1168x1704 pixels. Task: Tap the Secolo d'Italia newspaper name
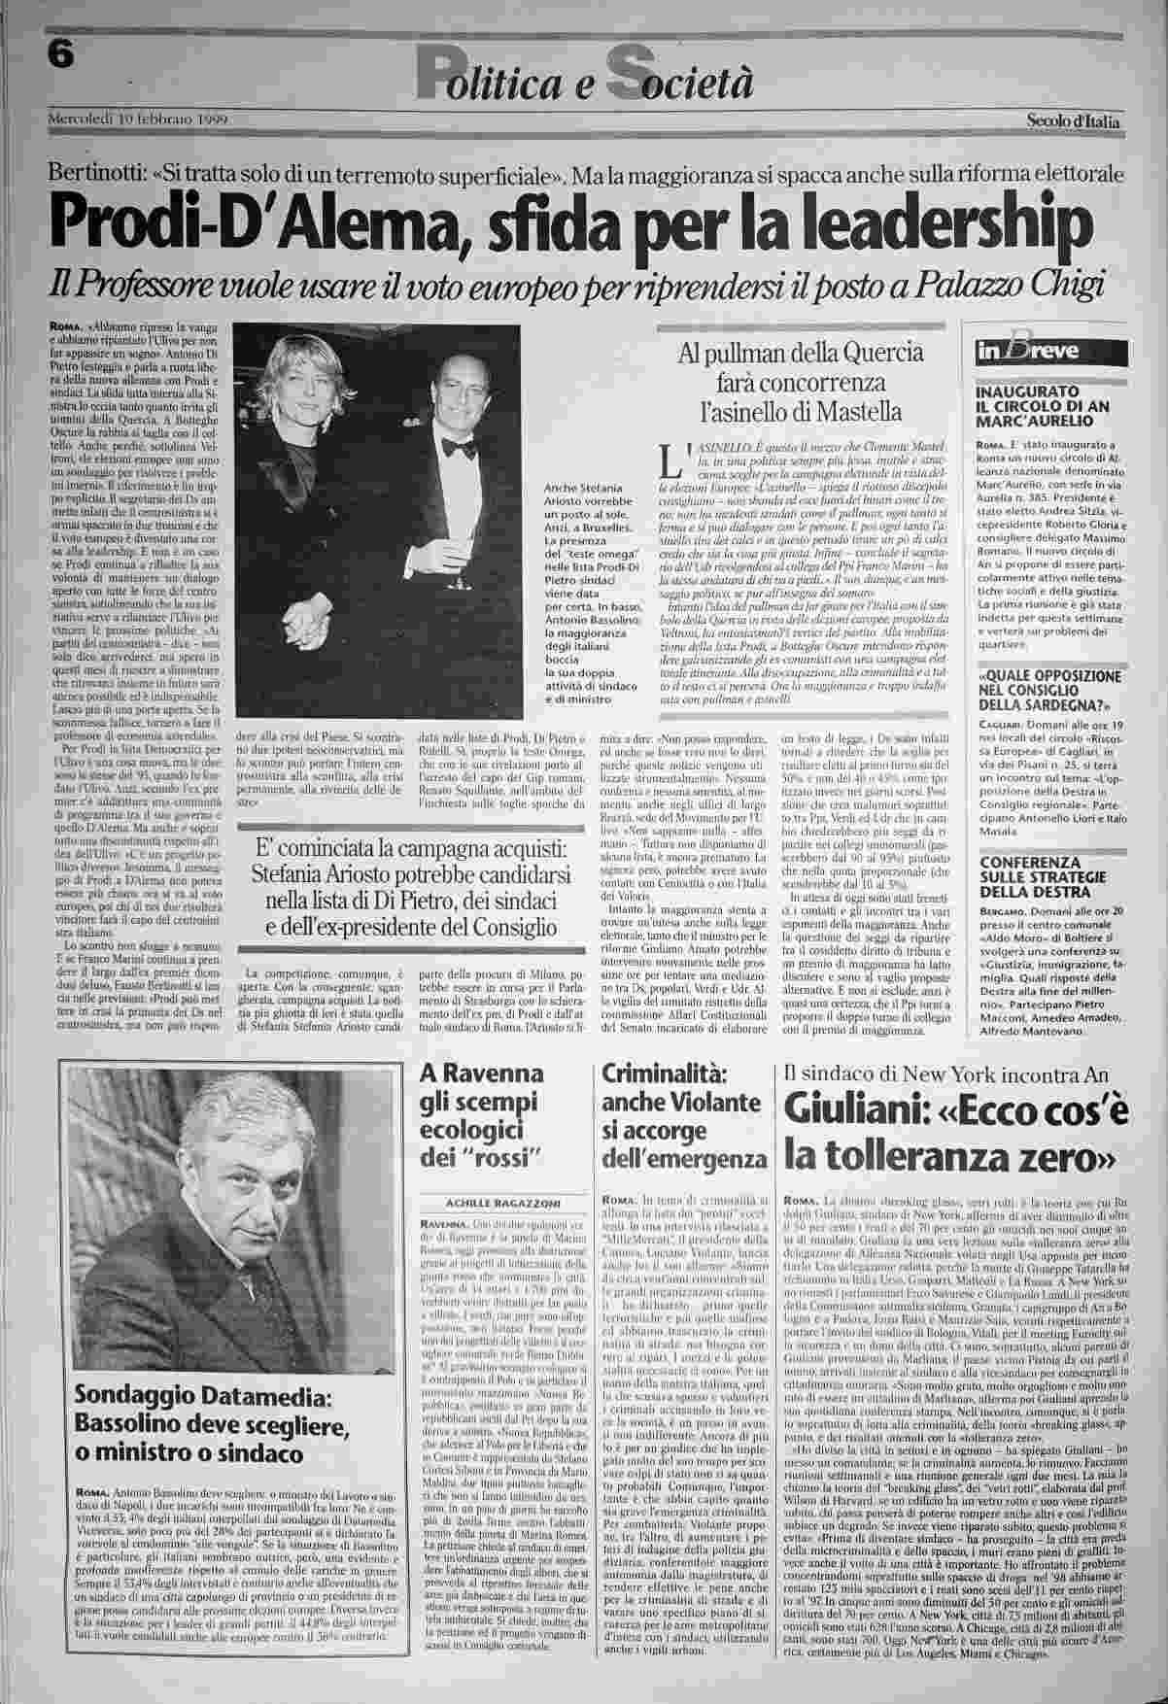(x=1073, y=121)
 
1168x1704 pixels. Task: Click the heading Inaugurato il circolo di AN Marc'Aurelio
(x=1036, y=407)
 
